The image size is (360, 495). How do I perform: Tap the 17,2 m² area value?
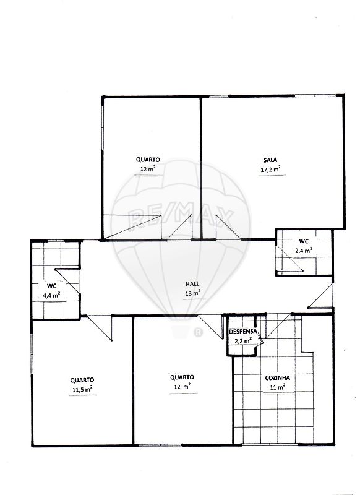(x=271, y=170)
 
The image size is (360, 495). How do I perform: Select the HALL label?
(x=192, y=284)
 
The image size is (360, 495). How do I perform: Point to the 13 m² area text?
(x=192, y=293)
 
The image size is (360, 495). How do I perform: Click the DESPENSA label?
(x=242, y=332)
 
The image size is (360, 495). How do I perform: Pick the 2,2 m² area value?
(x=243, y=341)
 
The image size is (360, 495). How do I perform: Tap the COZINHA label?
(x=277, y=378)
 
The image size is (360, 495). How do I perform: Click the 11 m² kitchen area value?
(x=278, y=387)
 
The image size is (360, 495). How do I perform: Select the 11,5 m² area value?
(x=82, y=390)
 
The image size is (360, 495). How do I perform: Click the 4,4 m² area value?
(x=51, y=296)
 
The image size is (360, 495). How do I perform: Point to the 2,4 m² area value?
(x=304, y=251)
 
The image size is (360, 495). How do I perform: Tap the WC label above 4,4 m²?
(x=52, y=286)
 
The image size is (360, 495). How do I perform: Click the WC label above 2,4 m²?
(x=304, y=241)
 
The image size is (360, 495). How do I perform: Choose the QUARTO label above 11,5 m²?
(x=82, y=380)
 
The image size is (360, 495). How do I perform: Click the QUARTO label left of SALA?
(x=148, y=160)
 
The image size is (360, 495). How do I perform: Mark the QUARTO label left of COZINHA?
(x=182, y=377)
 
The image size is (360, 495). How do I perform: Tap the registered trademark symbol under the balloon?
(x=198, y=332)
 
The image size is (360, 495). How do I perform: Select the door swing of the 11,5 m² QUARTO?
(x=100, y=329)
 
